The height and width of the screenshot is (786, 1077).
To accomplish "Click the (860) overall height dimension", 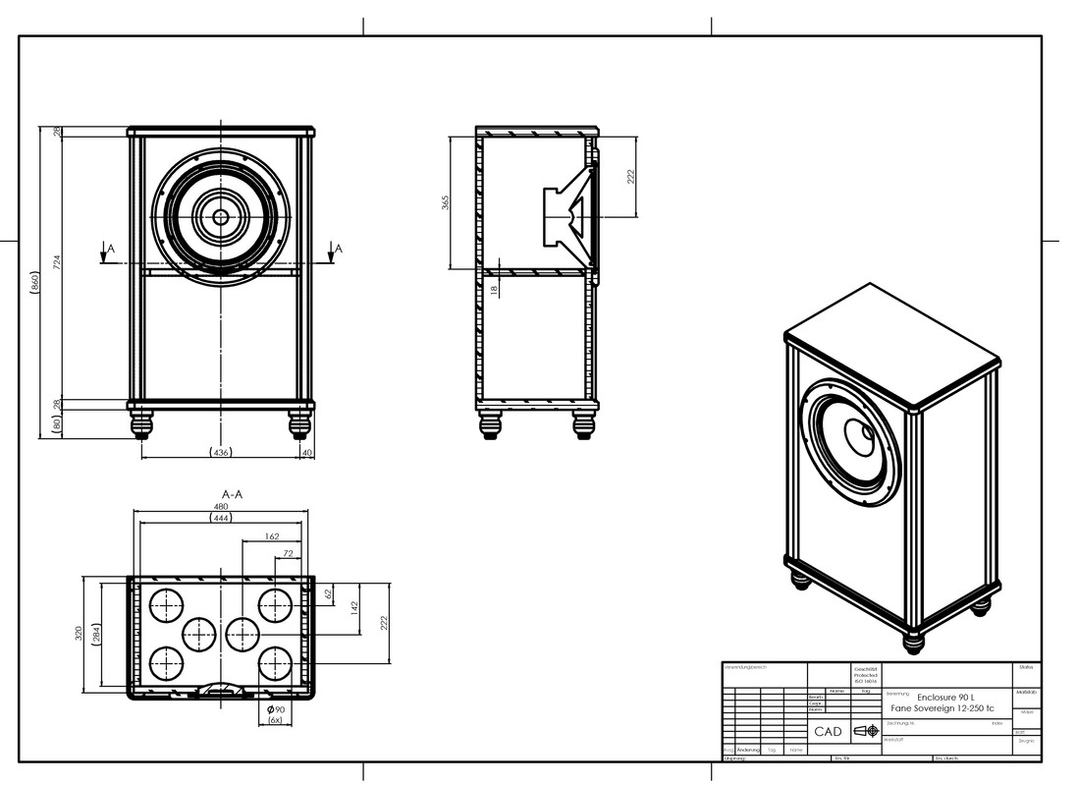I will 36,282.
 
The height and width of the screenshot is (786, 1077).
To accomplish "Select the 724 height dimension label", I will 57,262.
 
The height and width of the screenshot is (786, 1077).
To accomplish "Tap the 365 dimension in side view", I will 445,203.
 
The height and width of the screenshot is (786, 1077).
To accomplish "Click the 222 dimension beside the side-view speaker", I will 631,176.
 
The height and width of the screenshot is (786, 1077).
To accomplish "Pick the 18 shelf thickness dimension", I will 494,287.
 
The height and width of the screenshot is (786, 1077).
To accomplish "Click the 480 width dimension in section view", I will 222,507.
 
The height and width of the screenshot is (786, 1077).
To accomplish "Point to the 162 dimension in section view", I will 273,536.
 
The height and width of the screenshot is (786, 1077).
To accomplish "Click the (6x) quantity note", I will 275,720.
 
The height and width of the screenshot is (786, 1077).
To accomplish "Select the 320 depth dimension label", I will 80,634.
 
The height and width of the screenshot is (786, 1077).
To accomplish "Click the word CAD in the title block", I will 828,732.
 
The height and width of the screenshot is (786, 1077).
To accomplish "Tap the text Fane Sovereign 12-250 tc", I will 942,709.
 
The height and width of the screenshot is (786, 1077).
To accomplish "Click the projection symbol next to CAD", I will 866,731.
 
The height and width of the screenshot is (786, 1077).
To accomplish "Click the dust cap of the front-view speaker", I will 221,216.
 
